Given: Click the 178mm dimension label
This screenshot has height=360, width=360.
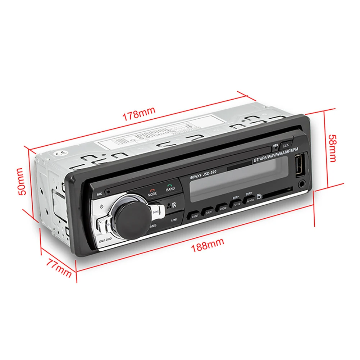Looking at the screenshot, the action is (x=139, y=113).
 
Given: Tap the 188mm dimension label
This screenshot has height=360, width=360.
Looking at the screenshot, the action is (x=208, y=244).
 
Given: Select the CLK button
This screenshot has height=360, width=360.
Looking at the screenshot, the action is (x=286, y=145).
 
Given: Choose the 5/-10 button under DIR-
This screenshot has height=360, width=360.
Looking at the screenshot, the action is (x=237, y=204).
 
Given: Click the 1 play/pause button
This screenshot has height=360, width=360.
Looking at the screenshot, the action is (x=173, y=219).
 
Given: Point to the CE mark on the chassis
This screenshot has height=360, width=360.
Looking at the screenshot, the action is (x=59, y=152).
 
